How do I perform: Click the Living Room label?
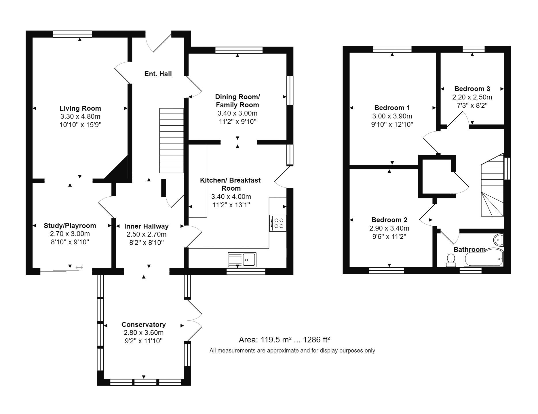click(x=80, y=108)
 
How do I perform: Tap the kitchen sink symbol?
click(x=242, y=260)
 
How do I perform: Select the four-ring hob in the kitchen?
click(x=278, y=223)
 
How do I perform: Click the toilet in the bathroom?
click(x=451, y=260)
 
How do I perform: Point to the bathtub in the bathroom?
click(x=484, y=257)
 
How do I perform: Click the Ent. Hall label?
click(x=158, y=74)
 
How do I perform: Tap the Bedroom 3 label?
click(x=472, y=89)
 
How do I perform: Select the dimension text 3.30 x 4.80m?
click(x=80, y=116)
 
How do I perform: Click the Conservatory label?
click(x=144, y=325)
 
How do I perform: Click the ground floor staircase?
click(x=172, y=141)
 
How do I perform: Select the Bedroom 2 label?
click(x=389, y=220)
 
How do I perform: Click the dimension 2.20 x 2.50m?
click(x=472, y=97)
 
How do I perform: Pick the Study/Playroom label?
click(x=70, y=226)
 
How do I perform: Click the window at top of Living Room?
click(x=73, y=34)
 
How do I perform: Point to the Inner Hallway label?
click(x=147, y=226)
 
